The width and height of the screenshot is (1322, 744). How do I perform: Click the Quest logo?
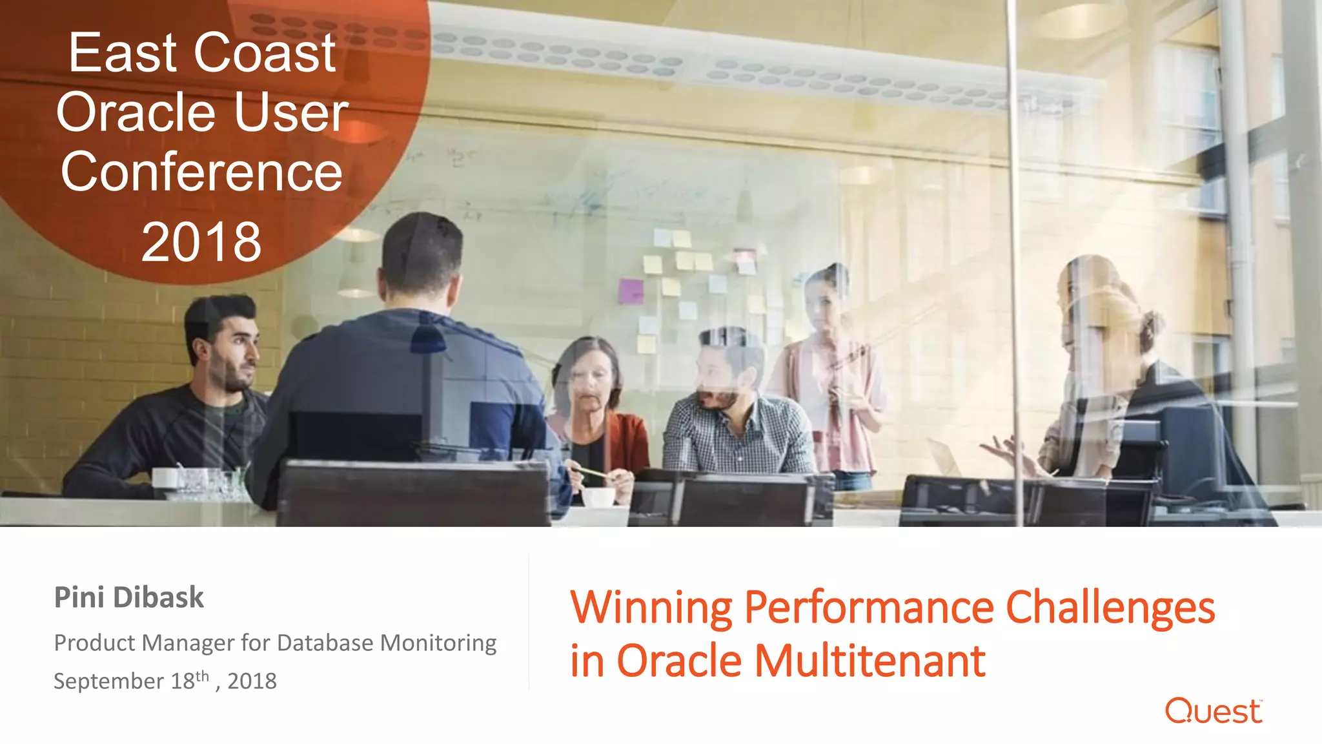point(1213,711)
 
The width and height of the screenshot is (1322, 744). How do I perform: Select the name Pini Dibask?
point(128,597)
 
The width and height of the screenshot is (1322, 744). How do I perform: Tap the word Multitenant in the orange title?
point(869,661)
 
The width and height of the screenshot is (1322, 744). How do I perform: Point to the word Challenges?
point(1110,608)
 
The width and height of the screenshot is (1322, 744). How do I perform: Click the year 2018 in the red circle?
point(201,242)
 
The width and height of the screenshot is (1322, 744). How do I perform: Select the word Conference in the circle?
point(201,172)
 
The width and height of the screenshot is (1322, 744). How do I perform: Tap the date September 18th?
point(132,681)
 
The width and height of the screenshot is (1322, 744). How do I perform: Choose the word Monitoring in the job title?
point(438,643)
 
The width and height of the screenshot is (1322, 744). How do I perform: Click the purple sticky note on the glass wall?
point(631,291)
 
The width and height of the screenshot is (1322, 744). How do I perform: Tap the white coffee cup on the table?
point(598,497)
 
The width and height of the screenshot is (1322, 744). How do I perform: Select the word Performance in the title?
point(869,608)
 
